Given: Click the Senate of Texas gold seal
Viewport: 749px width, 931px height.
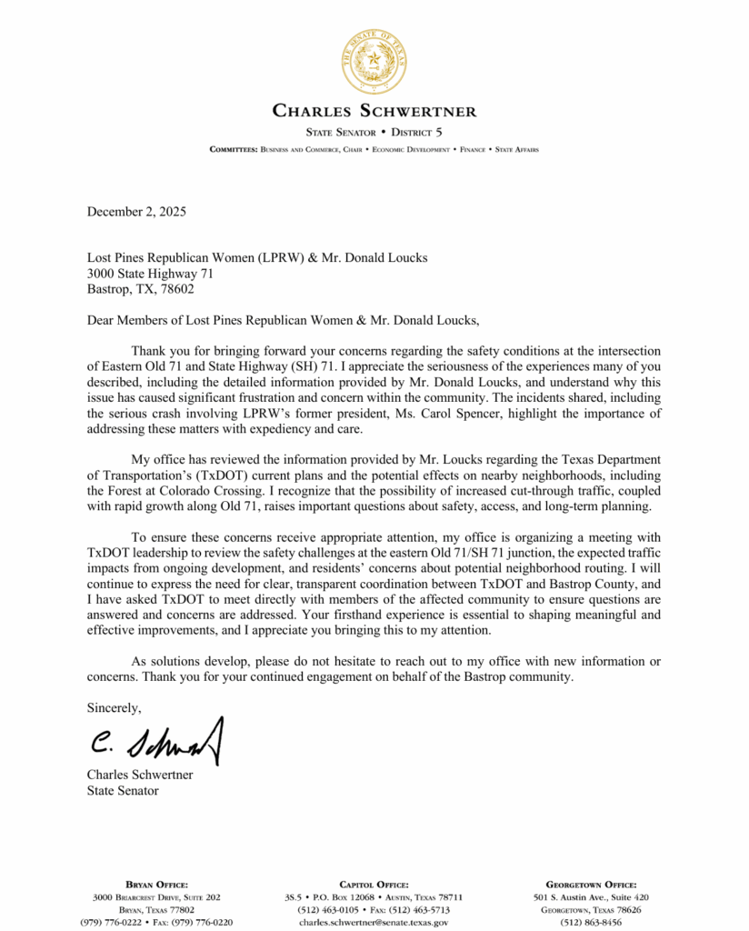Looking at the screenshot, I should pos(374,62).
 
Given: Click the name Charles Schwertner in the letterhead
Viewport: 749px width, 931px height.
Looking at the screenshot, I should pos(374,112).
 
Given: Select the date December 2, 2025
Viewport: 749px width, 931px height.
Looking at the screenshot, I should pos(137,212).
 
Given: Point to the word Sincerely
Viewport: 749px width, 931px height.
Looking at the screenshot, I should pos(114,706).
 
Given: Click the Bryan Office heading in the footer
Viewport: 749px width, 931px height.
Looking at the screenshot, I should pos(156,884).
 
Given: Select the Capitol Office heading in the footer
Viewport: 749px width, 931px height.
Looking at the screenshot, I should pos(374,884).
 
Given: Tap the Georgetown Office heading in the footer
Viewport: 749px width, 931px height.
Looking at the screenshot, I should pos(591,884).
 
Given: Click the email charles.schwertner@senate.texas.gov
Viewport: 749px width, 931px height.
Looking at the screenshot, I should pos(374,922).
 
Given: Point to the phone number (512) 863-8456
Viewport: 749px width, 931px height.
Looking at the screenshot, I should pos(591,922).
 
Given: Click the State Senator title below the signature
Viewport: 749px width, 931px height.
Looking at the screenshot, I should pos(123,790).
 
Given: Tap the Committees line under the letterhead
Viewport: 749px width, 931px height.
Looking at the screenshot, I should pos(374,149).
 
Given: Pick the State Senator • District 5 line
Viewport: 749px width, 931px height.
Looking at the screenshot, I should pos(374,132).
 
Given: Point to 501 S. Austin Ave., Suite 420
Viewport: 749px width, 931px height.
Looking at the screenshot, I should pos(591,896).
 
